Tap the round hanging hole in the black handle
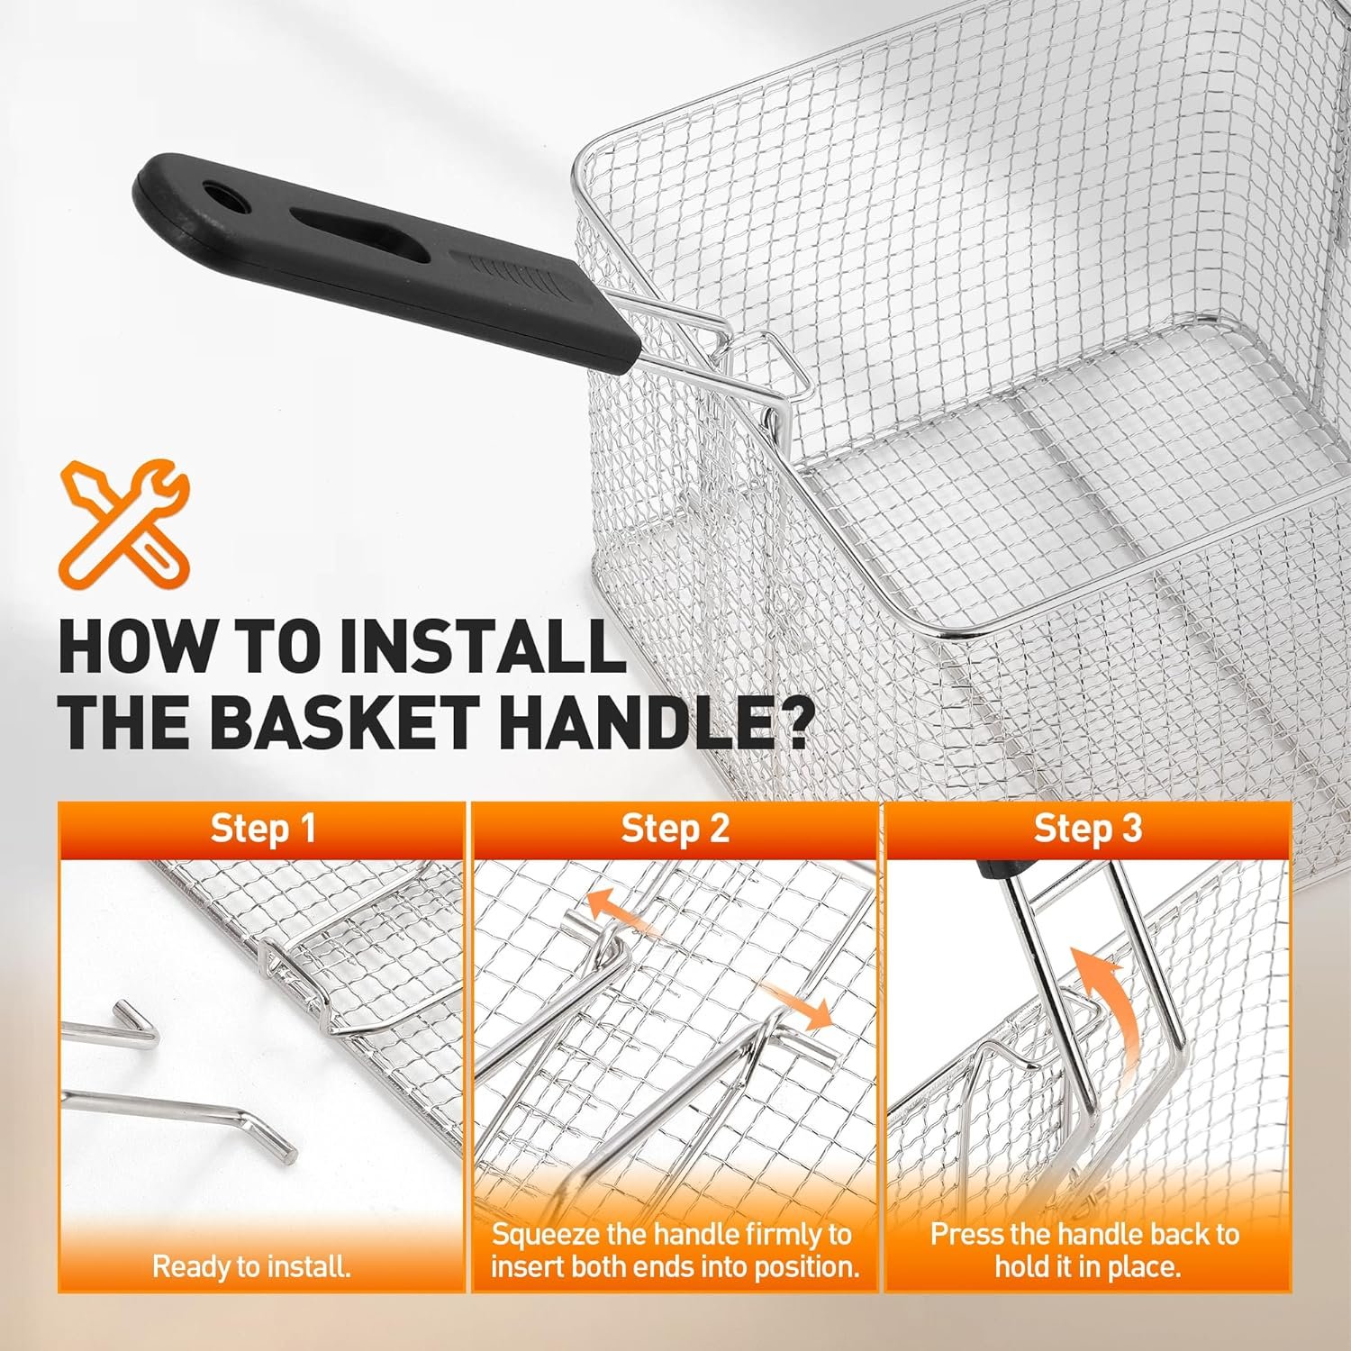coord(218,195)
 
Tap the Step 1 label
coord(263,829)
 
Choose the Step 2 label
coord(675,829)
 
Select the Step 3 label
coord(1087,829)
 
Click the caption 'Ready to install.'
coord(251,1267)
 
